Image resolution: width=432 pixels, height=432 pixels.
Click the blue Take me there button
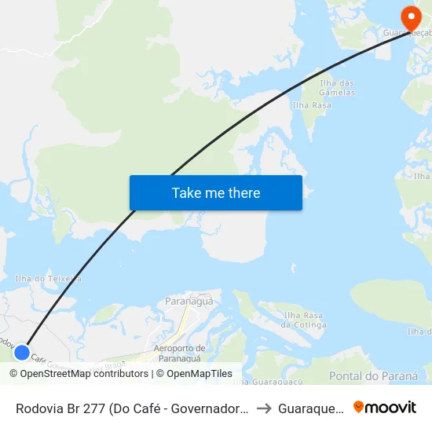click(216, 192)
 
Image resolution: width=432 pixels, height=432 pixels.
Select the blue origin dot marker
click(22, 353)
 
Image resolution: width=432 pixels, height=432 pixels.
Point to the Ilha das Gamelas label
click(339, 87)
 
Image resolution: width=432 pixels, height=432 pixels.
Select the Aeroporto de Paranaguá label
click(179, 353)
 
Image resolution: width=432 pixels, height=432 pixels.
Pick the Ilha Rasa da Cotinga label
click(304, 320)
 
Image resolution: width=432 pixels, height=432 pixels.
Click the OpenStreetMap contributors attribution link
click(84, 374)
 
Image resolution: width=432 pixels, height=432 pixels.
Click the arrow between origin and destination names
click(265, 408)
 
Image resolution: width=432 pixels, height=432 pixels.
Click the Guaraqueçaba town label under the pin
click(407, 34)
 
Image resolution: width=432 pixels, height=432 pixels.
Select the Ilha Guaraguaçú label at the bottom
click(269, 382)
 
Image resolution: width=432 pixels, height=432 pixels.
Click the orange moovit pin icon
click(359, 407)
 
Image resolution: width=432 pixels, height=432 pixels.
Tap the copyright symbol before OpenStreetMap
click(13, 374)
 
